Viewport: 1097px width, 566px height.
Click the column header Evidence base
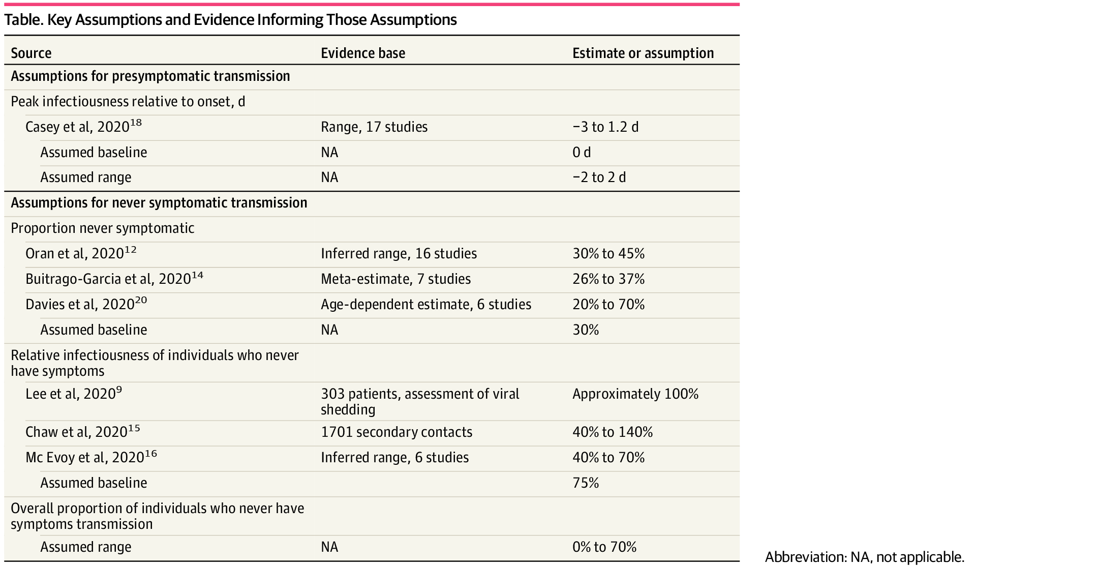click(x=363, y=53)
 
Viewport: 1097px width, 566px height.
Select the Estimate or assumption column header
click(x=643, y=53)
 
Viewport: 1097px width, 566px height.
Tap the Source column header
click(x=31, y=53)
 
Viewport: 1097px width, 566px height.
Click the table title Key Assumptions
click(x=230, y=20)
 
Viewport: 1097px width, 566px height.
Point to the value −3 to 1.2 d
click(x=605, y=127)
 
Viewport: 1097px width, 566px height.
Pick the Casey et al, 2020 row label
click(x=83, y=127)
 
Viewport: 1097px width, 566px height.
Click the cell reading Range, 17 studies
click(x=374, y=127)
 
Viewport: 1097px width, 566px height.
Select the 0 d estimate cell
click(x=582, y=152)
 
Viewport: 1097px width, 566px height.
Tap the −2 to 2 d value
click(x=599, y=177)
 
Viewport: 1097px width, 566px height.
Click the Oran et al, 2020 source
click(x=80, y=253)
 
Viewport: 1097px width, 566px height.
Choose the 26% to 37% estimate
click(x=608, y=279)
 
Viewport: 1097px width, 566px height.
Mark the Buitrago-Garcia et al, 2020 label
click(x=114, y=279)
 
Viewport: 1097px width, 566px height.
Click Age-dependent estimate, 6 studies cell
click(x=425, y=304)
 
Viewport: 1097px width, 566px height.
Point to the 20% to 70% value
click(x=608, y=304)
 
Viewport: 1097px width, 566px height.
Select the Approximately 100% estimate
click(x=635, y=394)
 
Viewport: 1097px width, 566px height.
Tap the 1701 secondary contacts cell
click(x=397, y=432)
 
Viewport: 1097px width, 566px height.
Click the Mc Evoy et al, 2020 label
click(x=90, y=457)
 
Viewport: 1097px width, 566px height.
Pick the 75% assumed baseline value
click(x=586, y=483)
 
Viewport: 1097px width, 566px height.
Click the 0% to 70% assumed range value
click(x=604, y=547)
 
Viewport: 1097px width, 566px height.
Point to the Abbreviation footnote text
click(x=864, y=557)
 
